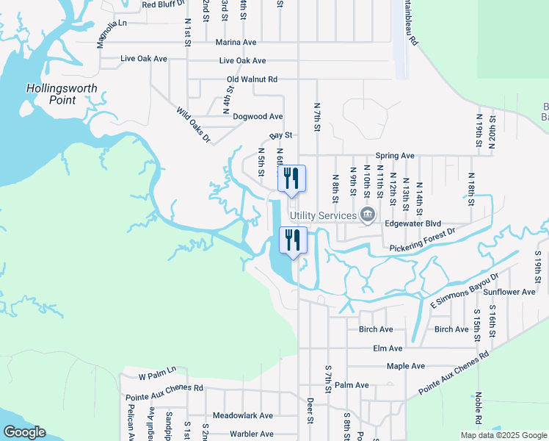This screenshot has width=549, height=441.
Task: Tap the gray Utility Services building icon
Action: coord(368,215)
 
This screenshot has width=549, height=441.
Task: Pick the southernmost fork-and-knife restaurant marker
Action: coord(292,240)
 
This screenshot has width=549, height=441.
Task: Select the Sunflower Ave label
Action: coord(510,293)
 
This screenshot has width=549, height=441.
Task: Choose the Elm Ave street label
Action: coord(388,348)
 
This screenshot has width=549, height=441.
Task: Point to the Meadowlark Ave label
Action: coord(242,415)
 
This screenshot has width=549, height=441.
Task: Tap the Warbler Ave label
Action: coord(251,434)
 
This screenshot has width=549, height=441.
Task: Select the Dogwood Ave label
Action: coord(258,116)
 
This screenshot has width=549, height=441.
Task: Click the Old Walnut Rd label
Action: coord(252,79)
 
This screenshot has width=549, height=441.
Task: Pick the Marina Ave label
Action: coord(236,43)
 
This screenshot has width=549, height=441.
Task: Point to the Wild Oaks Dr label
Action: coord(193,125)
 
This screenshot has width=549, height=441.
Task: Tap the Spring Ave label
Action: coord(395,156)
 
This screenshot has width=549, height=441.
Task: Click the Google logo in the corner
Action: coord(24,432)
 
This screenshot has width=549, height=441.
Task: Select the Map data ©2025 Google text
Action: coord(503,435)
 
